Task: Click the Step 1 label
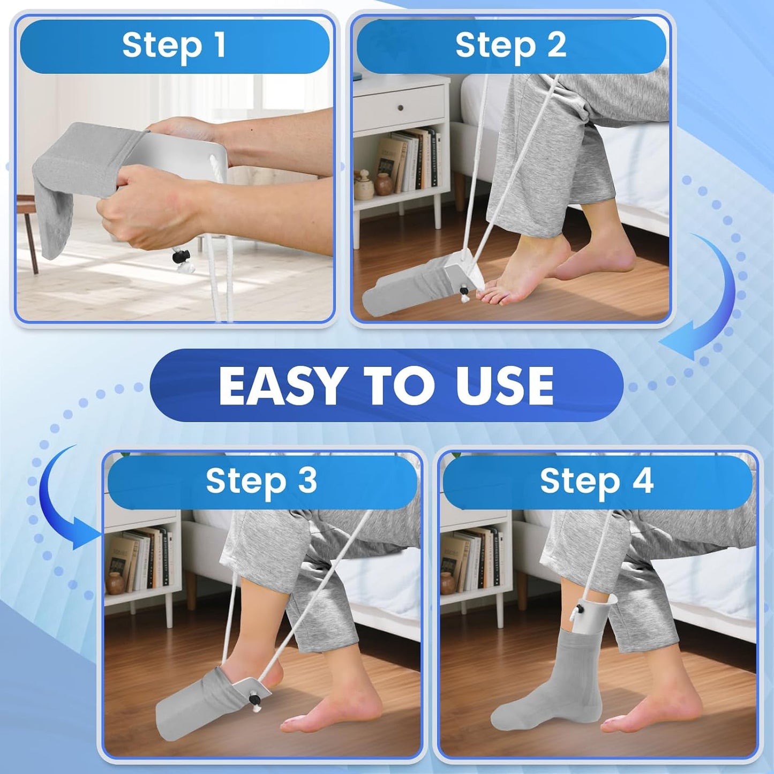coord(174,46)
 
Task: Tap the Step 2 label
coord(510,46)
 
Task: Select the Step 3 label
coord(261,480)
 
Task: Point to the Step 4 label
coord(596,480)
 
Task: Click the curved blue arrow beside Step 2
coord(707,300)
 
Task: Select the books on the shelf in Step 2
coord(412,161)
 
